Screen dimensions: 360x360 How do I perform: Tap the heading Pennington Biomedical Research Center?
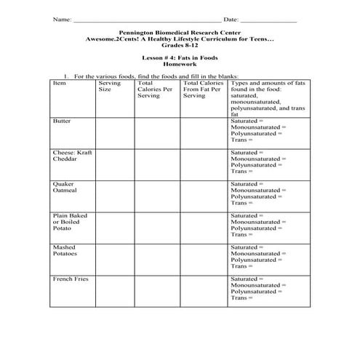click(x=179, y=33)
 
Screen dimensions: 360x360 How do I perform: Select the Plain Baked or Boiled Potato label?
click(x=70, y=222)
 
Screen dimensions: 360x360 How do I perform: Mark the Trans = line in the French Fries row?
click(x=242, y=298)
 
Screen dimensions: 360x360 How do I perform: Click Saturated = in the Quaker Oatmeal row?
click(x=247, y=185)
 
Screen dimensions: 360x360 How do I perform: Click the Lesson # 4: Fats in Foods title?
click(x=179, y=57)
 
